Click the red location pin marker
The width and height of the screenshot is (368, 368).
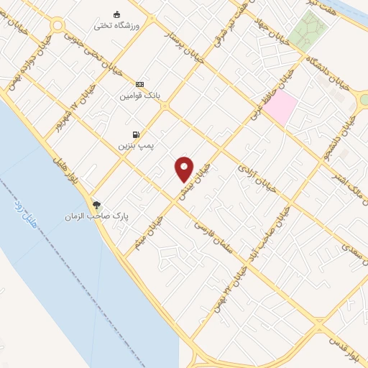(x=185, y=169)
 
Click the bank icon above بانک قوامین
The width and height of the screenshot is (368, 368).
(x=139, y=84)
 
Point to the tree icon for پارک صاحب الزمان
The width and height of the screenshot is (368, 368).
(x=97, y=205)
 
